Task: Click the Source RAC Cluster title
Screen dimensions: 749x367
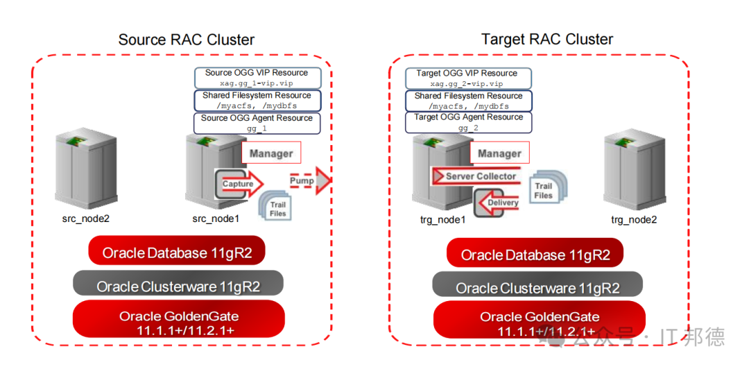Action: (187, 39)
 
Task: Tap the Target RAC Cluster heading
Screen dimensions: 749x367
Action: (547, 39)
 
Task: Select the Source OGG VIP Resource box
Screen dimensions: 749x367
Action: (257, 78)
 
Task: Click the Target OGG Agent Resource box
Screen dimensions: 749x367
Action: (468, 122)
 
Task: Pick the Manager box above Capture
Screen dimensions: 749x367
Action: (271, 153)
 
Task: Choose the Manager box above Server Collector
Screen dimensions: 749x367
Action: (499, 153)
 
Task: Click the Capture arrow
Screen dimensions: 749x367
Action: (240, 183)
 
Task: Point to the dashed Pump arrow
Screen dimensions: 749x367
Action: (309, 180)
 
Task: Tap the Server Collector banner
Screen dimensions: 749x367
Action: (475, 176)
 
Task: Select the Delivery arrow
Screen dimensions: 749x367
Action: (497, 202)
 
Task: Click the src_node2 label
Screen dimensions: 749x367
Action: (87, 219)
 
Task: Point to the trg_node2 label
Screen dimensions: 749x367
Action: (634, 219)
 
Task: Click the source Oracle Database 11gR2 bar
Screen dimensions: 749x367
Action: (177, 250)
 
